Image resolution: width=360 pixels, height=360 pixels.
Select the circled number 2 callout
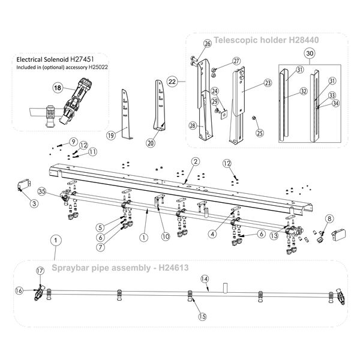(x=195, y=161)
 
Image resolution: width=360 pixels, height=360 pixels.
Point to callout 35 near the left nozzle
(x=42, y=192)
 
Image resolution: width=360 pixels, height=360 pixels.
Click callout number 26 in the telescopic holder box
(x=208, y=43)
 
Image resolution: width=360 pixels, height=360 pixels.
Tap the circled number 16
(x=19, y=291)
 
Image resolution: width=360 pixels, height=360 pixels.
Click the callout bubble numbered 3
(x=34, y=204)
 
